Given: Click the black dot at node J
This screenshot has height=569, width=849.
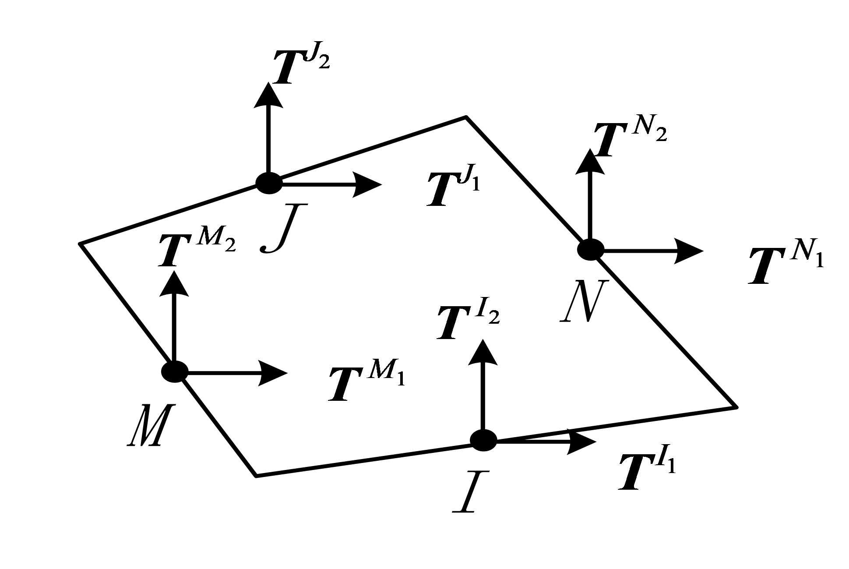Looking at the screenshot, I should pyautogui.click(x=269, y=183).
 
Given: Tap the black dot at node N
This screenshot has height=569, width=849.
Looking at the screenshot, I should pyautogui.click(x=591, y=250).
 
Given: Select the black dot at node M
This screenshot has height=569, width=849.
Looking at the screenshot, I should pyautogui.click(x=175, y=372).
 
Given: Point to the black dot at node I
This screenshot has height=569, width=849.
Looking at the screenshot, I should pyautogui.click(x=483, y=440).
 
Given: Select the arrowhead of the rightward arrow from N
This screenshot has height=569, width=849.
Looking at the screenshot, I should pyautogui.click(x=688, y=251).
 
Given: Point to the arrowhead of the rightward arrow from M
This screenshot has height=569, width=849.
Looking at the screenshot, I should pyautogui.click(x=273, y=373).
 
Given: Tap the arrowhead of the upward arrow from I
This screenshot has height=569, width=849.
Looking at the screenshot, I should pyautogui.click(x=483, y=351).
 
